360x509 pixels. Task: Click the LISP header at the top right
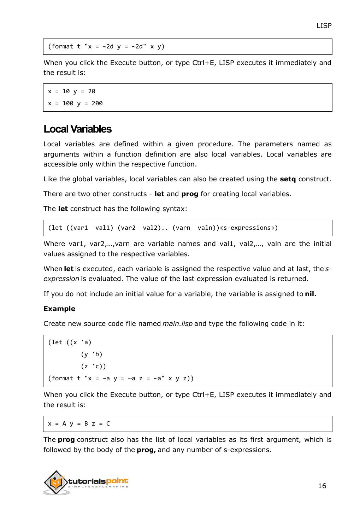coord(324,25)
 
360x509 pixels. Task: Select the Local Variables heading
coord(77,129)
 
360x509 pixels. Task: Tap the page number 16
coord(322,486)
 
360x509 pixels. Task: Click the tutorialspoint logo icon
coord(57,482)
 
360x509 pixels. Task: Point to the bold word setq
coord(288,179)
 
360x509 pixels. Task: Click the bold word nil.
coord(311,294)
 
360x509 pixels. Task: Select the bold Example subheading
coord(59,309)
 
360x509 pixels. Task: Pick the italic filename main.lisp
coord(177,324)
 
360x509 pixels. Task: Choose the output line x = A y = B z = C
coord(79,423)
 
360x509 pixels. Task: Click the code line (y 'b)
coord(92,354)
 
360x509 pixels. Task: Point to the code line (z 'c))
coord(93,366)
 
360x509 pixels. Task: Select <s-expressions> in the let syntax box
coord(249,228)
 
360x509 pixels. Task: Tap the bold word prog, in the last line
coord(146,450)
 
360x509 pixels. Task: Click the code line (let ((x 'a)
coord(70,342)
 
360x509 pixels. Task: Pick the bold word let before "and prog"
coord(159,194)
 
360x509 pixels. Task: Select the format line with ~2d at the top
coord(106,47)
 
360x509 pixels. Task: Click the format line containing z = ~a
coord(121,378)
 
